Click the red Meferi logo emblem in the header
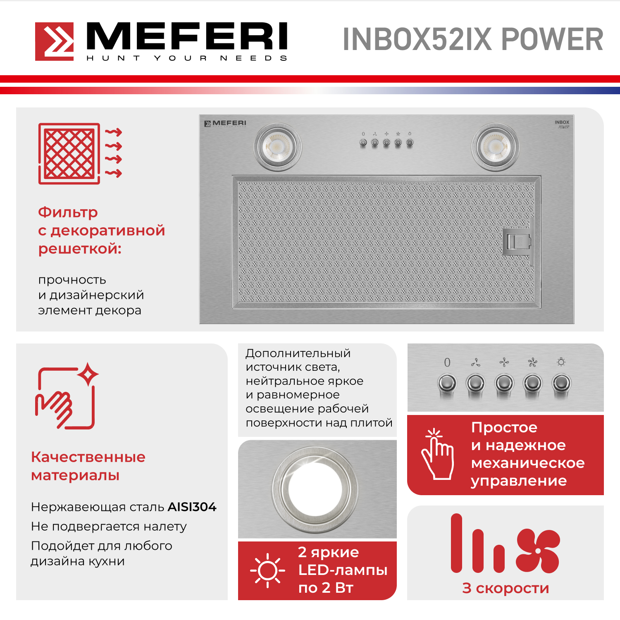pyautogui.click(x=54, y=41)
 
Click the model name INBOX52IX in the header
pyautogui.click(x=417, y=40)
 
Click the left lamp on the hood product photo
pyautogui.click(x=277, y=147)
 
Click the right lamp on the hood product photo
pyautogui.click(x=496, y=147)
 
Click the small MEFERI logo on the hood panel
pyautogui.click(x=225, y=123)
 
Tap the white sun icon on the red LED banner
pyautogui.click(x=267, y=570)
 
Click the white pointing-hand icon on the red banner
pyautogui.click(x=437, y=454)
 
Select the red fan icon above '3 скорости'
pyautogui.click(x=538, y=551)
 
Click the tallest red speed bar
pyautogui.click(x=456, y=543)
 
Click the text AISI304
pyautogui.click(x=192, y=507)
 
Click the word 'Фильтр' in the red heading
pyautogui.click(x=68, y=212)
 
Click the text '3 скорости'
pyautogui.click(x=506, y=588)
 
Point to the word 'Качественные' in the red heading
pyautogui.click(x=88, y=457)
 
